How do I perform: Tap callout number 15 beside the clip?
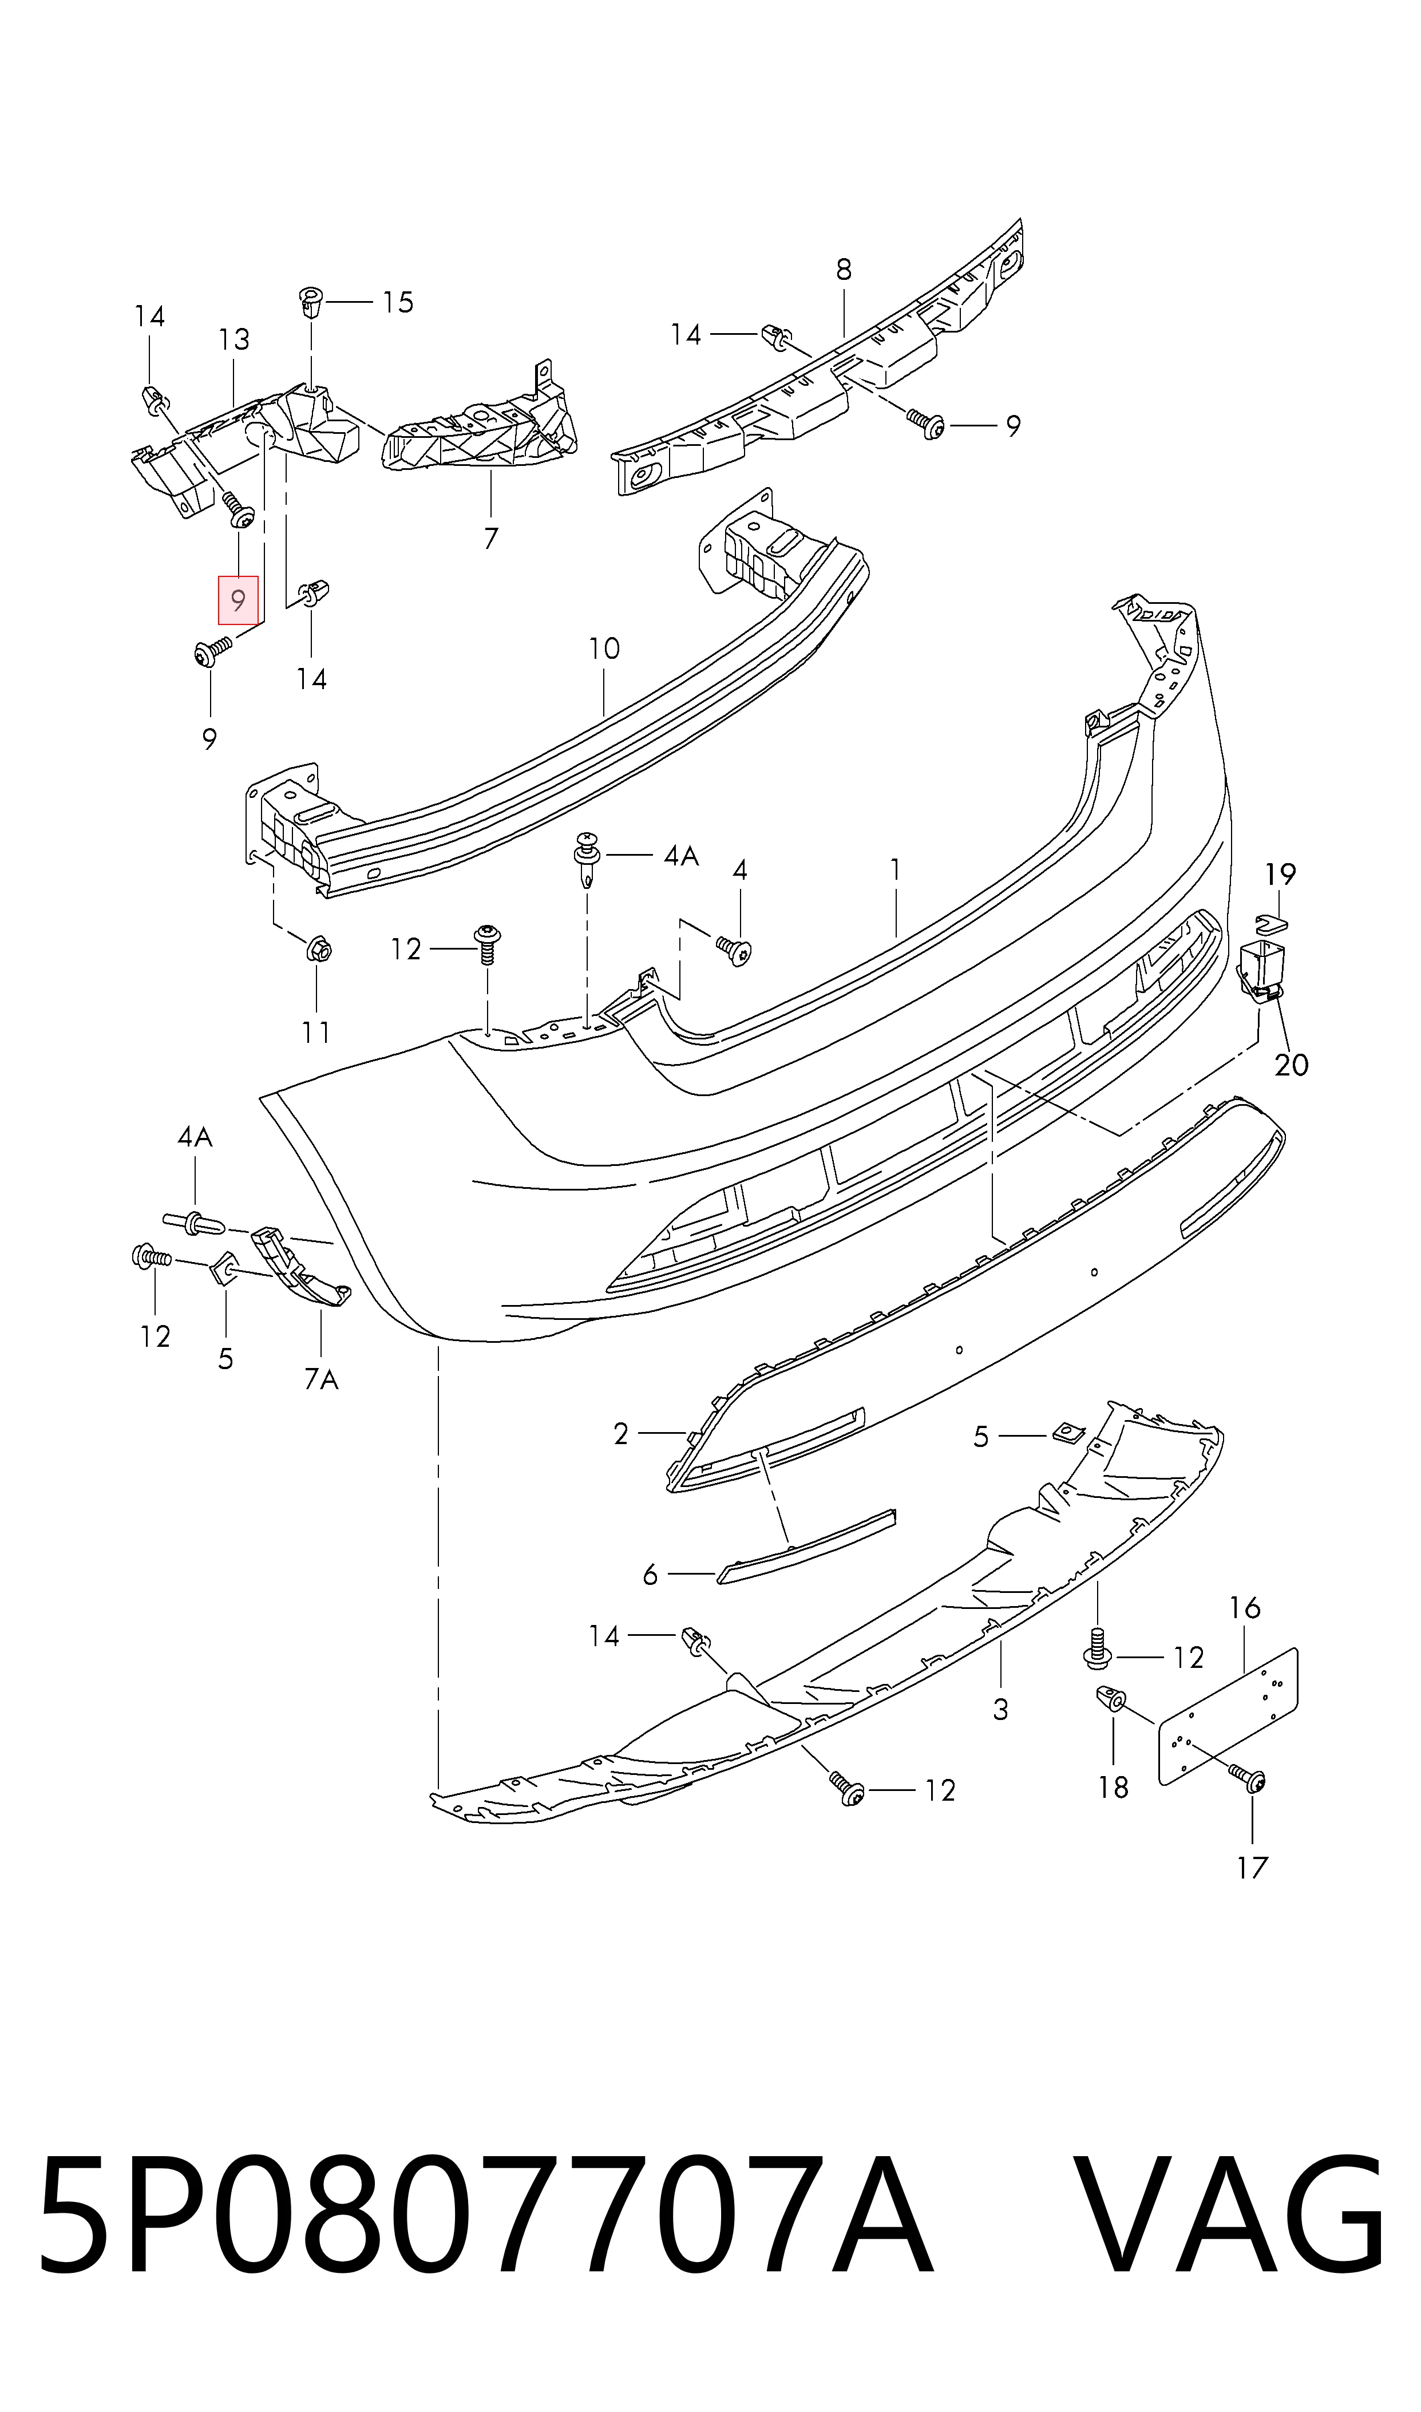[397, 303]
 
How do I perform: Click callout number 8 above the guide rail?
[844, 270]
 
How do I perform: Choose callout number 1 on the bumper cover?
[895, 869]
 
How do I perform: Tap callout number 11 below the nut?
[316, 1032]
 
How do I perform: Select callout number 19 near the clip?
[1280, 874]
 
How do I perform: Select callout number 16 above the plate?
[1245, 1608]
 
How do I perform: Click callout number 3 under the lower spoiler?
[1000, 1709]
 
